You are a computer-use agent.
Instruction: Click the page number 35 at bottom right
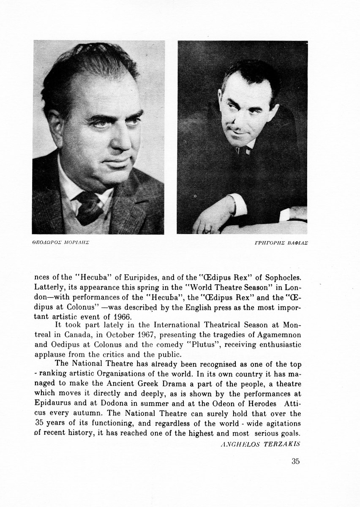coord(296,461)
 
